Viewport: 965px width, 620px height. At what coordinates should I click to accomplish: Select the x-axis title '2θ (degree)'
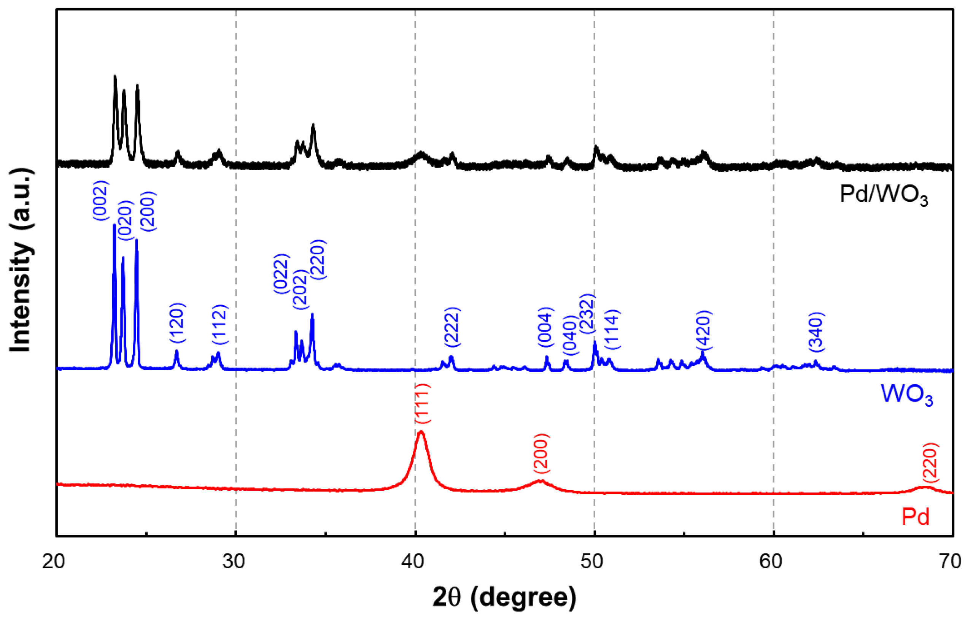pyautogui.click(x=505, y=598)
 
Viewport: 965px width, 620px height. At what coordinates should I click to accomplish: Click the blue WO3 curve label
pyautogui.click(x=906, y=395)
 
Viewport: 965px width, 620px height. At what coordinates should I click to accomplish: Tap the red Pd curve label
pyautogui.click(x=916, y=517)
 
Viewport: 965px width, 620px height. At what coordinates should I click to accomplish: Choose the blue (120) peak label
pyautogui.click(x=177, y=323)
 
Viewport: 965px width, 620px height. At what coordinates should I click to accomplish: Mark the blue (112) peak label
pyautogui.click(x=220, y=325)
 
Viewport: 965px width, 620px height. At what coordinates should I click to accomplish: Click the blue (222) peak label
pyautogui.click(x=452, y=327)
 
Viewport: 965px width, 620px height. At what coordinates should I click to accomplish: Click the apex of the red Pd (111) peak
pyautogui.click(x=421, y=431)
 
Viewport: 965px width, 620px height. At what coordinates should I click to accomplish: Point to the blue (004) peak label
pyautogui.click(x=546, y=327)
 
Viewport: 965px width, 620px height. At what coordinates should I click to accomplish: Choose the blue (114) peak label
pyautogui.click(x=612, y=330)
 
